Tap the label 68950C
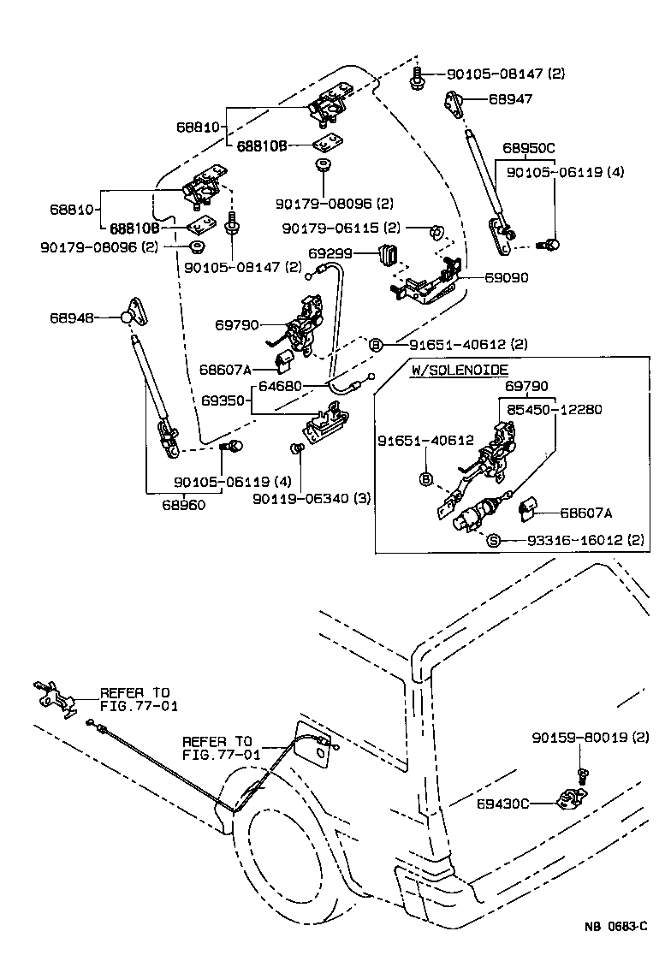point(529,148)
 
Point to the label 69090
point(507,278)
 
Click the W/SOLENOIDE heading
point(460,370)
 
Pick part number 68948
point(72,317)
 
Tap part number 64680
point(280,386)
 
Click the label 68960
point(184,505)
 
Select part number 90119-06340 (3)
point(312,498)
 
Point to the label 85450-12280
point(555,409)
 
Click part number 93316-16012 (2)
point(577,540)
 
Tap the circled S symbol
point(494,540)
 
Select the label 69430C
point(502,804)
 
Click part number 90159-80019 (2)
point(591,738)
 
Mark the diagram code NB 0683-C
point(615,926)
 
